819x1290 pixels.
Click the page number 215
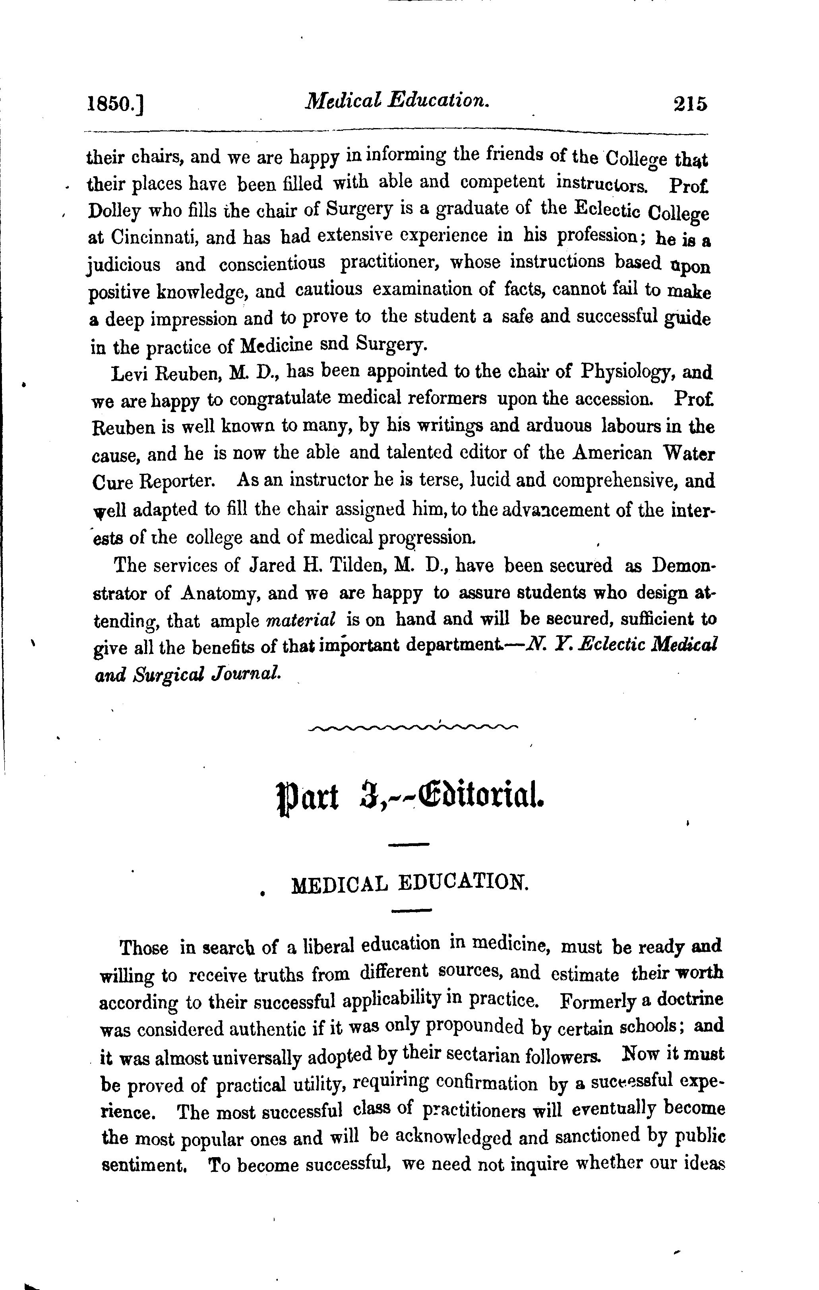[x=691, y=103]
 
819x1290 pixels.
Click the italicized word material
[x=300, y=621]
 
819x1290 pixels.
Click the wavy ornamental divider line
[x=413, y=727]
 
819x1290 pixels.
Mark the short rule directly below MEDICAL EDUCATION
[x=411, y=910]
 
